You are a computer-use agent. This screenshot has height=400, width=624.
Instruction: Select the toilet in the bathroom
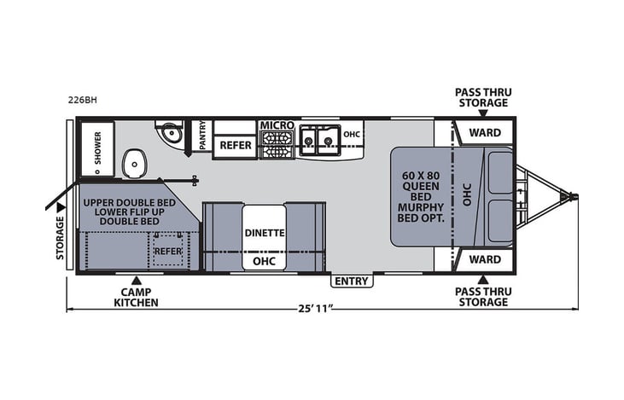(134, 164)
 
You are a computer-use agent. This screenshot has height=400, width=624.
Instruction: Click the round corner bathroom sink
(169, 133)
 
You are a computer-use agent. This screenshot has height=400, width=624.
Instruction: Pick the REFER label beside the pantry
(236, 145)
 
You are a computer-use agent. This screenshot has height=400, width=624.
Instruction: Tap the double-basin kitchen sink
(317, 138)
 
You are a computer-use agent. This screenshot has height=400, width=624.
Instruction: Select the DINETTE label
(265, 232)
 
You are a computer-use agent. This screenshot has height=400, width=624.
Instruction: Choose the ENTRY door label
(351, 281)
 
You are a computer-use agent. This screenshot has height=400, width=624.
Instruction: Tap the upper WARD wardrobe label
(485, 132)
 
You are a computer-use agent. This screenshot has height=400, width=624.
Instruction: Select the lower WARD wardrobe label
(485, 258)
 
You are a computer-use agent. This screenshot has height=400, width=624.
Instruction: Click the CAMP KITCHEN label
(136, 296)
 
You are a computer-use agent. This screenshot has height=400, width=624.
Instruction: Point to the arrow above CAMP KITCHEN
(136, 279)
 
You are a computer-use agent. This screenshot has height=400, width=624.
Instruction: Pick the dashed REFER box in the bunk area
(169, 251)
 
